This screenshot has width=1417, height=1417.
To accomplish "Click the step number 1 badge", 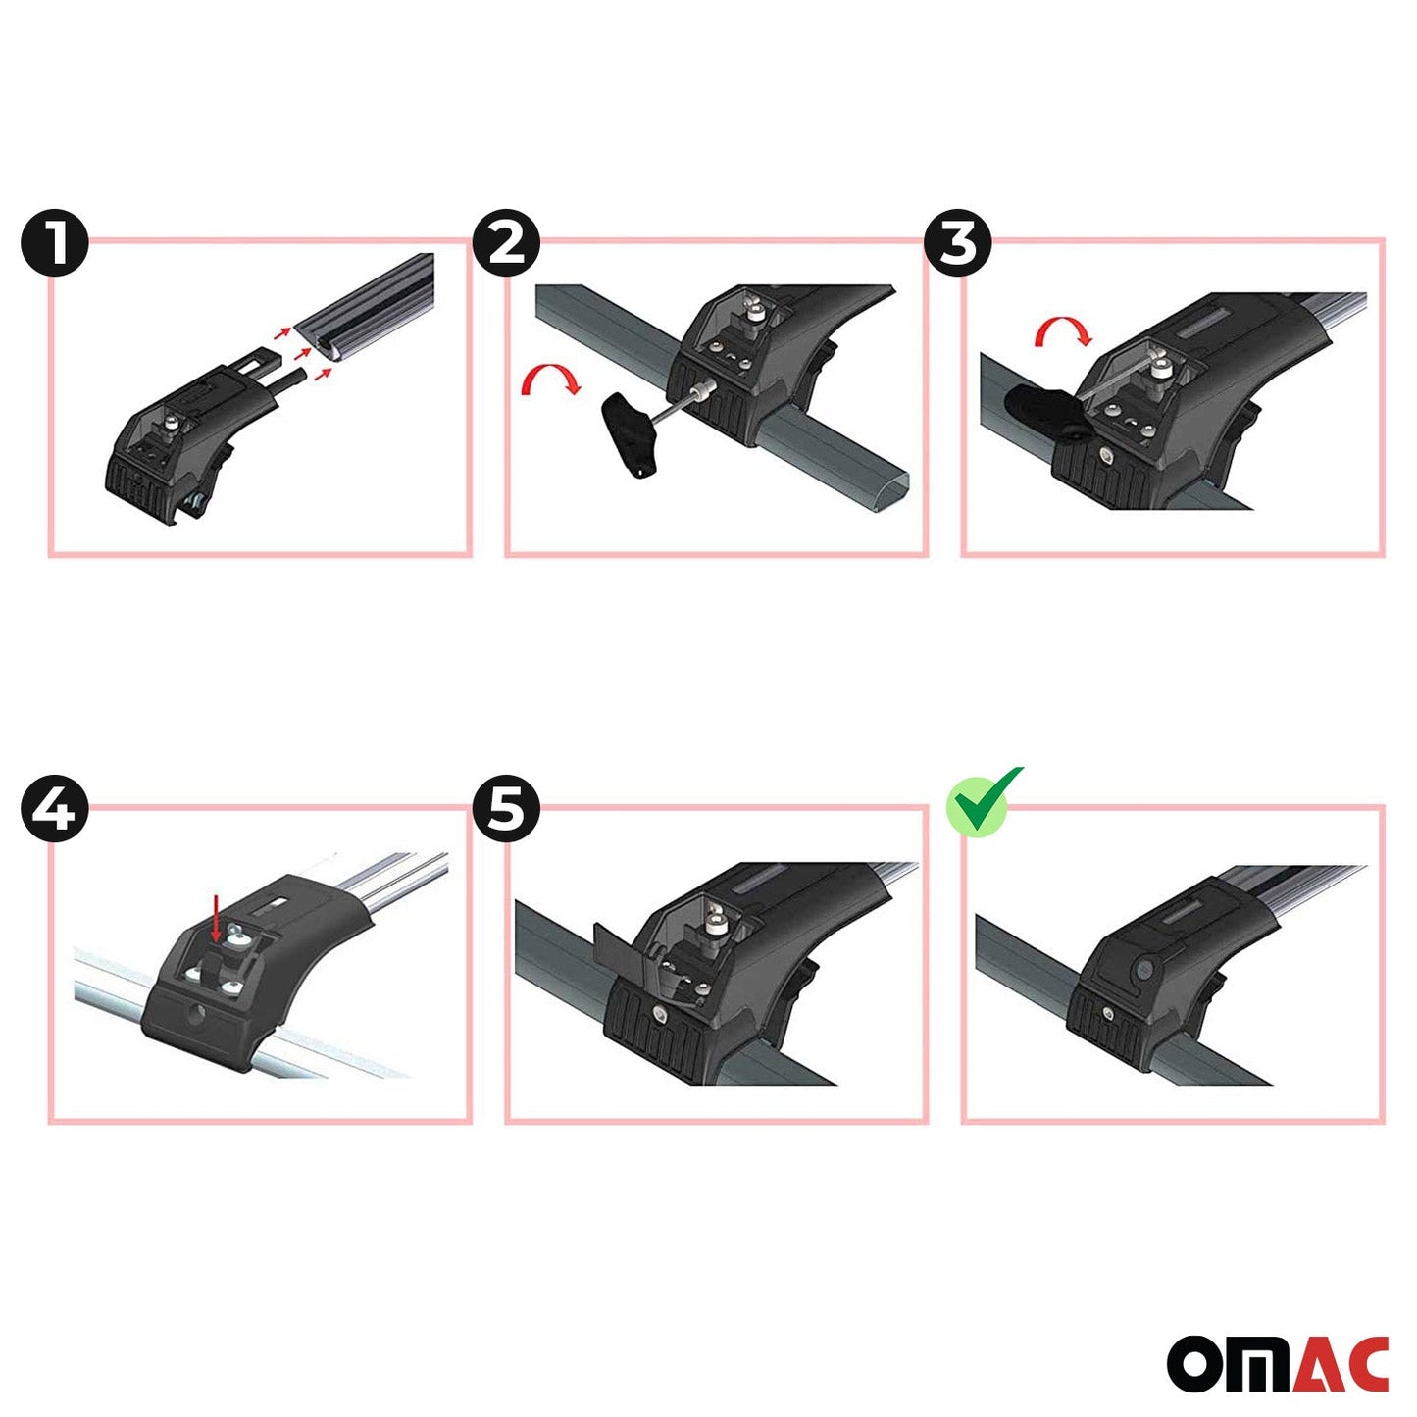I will (x=55, y=242).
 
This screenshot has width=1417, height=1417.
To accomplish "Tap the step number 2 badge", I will (x=506, y=242).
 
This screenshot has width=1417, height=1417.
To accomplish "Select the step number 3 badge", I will (x=958, y=242).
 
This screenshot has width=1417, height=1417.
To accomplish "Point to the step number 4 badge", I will (x=55, y=810).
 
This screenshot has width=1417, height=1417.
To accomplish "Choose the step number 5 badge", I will (x=506, y=810).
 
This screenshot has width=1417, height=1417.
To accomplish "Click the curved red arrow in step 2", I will (x=551, y=380).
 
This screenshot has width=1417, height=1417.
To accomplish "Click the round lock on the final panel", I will (x=1144, y=969).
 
